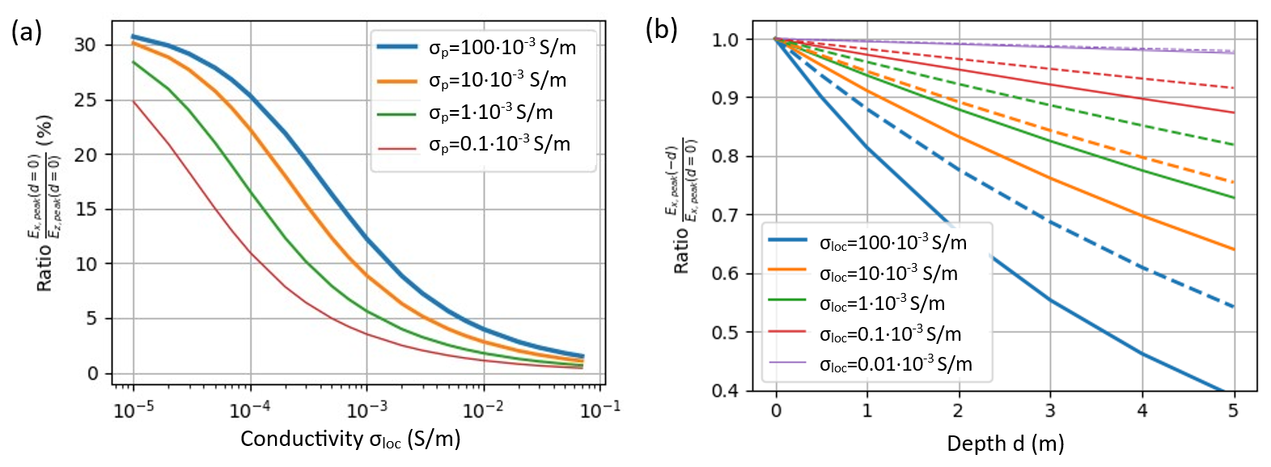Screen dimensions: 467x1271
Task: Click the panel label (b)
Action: point(661,30)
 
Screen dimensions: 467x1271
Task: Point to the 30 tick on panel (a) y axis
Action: point(85,45)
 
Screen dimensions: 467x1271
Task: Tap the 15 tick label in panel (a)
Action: point(85,210)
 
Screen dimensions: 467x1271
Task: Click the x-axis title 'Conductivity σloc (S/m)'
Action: point(350,439)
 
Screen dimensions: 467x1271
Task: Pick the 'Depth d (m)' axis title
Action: point(1005,444)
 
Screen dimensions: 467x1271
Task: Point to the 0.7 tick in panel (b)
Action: point(725,215)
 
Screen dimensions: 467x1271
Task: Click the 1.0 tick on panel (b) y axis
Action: point(725,40)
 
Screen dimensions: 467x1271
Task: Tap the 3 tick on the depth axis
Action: point(1050,410)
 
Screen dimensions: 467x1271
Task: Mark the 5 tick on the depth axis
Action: point(1233,410)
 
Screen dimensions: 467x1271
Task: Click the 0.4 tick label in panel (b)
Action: point(725,391)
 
